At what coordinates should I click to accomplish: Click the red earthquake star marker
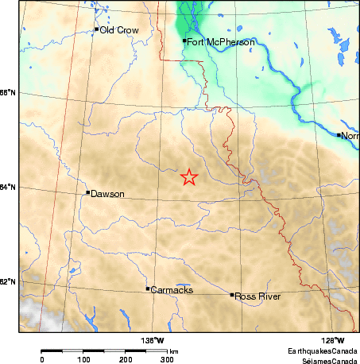[x=189, y=177]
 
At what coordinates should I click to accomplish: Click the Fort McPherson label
[x=213, y=41]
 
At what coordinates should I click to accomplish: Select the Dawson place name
[x=107, y=193]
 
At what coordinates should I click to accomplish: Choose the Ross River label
[x=254, y=296]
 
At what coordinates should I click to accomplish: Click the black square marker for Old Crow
[x=97, y=29]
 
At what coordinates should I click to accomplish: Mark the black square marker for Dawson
[x=87, y=192]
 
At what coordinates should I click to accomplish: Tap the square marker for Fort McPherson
[x=184, y=41]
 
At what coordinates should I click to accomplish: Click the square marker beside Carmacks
[x=148, y=288]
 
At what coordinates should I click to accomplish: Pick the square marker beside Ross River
[x=232, y=295]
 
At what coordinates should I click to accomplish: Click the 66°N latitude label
[x=8, y=93]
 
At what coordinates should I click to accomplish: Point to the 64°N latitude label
[x=8, y=188]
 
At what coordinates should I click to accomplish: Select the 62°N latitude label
[x=8, y=282]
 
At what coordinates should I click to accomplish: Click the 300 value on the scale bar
[x=168, y=359]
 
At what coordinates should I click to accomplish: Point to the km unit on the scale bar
[x=173, y=350]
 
